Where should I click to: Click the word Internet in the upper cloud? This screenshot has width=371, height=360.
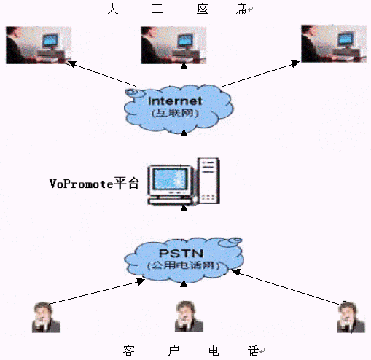(x=175, y=101)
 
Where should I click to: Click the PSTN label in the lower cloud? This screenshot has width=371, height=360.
(x=181, y=254)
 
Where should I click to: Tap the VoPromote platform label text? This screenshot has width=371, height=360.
(x=94, y=184)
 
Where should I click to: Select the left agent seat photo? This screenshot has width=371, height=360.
(x=39, y=45)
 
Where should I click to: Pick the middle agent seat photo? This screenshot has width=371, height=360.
(x=173, y=45)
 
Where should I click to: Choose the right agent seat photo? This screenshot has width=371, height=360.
(x=334, y=44)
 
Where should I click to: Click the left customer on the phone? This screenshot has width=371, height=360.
(x=46, y=317)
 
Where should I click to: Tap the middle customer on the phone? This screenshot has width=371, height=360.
(x=189, y=316)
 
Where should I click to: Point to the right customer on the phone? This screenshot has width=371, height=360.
(x=351, y=317)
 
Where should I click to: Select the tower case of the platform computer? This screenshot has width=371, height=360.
(x=208, y=181)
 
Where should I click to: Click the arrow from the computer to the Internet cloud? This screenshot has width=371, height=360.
(x=184, y=146)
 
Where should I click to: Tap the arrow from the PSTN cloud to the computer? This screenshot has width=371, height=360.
(x=184, y=221)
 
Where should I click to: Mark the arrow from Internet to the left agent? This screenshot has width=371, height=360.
(x=101, y=74)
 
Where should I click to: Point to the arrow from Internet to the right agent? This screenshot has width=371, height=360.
(x=261, y=74)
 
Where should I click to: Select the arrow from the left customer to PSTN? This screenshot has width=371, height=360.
(x=97, y=291)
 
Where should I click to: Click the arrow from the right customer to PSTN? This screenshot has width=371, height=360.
(x=286, y=287)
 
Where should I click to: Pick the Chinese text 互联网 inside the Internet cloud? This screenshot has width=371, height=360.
(x=175, y=113)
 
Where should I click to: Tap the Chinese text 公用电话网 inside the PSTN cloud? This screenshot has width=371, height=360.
(x=184, y=265)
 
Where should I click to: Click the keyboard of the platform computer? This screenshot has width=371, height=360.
(x=172, y=201)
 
